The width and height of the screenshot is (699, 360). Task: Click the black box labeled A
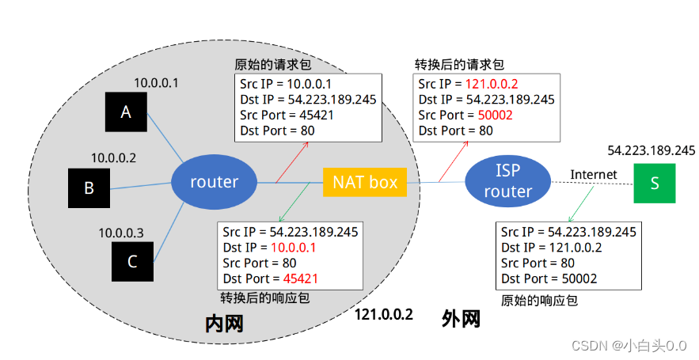[126, 112]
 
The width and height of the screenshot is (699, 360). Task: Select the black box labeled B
[89, 188]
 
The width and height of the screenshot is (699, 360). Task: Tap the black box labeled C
[132, 262]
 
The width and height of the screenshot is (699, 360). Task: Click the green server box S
[655, 183]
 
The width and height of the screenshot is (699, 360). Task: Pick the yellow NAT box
[365, 182]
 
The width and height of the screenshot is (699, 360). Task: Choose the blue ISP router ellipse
[508, 181]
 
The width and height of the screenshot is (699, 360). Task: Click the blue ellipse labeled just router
[215, 182]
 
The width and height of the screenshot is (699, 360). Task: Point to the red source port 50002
[496, 115]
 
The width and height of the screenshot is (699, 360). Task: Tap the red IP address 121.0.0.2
[492, 84]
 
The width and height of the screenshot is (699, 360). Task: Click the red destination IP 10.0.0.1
[294, 248]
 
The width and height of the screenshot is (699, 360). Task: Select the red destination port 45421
[301, 279]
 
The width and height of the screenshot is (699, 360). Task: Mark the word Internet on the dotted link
[594, 175]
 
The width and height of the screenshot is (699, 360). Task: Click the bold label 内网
[224, 324]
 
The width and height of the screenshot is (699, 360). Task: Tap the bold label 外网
[461, 319]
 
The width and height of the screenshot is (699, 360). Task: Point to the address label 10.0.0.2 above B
[114, 158]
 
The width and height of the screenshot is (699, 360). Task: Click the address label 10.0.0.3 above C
[121, 233]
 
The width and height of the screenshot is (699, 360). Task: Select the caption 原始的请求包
[273, 65]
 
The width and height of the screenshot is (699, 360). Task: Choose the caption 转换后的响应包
[265, 297]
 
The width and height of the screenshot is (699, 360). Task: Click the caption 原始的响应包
[539, 301]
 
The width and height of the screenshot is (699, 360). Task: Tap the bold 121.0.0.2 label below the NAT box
[384, 315]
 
